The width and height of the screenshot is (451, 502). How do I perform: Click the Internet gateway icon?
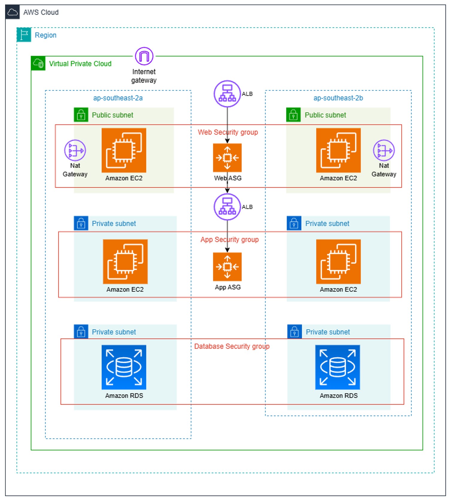(x=144, y=56)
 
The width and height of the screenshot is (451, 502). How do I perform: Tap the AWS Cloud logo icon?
(x=13, y=12)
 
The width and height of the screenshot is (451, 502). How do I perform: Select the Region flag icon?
(x=24, y=35)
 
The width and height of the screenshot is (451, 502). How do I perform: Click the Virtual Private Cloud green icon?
(x=38, y=63)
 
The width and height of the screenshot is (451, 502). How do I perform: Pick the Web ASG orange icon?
(x=227, y=158)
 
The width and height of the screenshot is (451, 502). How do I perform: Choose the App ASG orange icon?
(x=227, y=267)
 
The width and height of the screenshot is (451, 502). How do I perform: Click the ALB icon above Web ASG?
(x=227, y=94)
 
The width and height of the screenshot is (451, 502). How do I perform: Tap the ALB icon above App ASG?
(x=227, y=207)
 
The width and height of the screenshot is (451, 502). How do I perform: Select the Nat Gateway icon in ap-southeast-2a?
(x=75, y=150)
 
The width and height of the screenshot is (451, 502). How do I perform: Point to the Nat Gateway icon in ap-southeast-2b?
(x=384, y=150)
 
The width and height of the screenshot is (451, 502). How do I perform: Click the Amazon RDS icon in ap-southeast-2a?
(x=124, y=367)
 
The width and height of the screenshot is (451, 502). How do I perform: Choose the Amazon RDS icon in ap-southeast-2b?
(x=338, y=367)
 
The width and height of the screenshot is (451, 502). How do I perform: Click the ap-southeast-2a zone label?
(x=118, y=98)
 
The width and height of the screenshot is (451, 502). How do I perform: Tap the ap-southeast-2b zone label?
(x=338, y=98)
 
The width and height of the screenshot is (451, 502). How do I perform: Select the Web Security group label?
(x=228, y=132)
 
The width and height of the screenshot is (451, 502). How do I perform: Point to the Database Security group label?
(x=232, y=346)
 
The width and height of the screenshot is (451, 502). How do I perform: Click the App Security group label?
(x=229, y=239)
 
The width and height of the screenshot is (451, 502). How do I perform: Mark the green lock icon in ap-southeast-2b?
(x=293, y=115)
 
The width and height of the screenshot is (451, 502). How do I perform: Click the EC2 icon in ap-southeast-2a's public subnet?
(x=124, y=150)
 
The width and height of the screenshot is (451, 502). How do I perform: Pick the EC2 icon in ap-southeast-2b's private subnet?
(x=338, y=261)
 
